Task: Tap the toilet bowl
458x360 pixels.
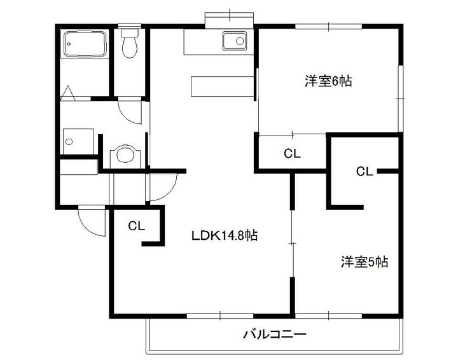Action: pos(130,47)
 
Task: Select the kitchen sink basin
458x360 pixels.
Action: pos(234,41)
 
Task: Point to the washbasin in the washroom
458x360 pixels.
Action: pos(123,155)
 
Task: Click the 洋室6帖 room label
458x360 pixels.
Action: pos(328,81)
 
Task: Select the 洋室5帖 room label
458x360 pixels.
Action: pos(364,261)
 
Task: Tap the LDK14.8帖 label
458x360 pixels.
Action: pos(225,235)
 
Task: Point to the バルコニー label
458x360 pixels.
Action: pos(275,334)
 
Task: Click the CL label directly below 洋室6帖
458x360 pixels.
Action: pos(292,153)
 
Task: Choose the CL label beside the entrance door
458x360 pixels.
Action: pos(137,225)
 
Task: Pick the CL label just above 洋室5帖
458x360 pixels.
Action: pos(364,170)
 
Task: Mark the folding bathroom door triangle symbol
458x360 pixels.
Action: pos(69,94)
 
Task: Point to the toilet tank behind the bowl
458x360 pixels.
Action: pos(130,31)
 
